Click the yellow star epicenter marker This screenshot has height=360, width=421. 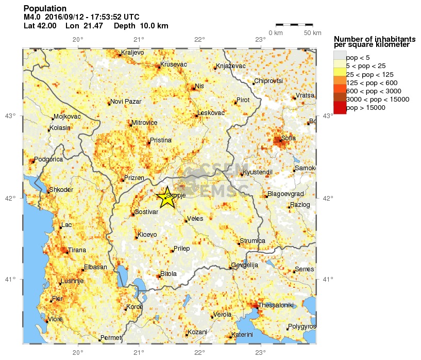point(166,198)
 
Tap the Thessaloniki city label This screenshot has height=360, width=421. point(276,305)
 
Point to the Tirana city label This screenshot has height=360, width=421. point(77,250)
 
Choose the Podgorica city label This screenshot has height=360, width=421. point(48,159)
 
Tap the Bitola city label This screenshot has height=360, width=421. point(169,273)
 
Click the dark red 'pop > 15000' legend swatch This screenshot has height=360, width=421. point(340,108)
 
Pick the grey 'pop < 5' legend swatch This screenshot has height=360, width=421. point(340,57)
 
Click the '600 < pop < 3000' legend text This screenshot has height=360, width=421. point(376,91)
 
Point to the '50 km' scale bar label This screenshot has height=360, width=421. point(312,33)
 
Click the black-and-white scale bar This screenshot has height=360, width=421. point(294,24)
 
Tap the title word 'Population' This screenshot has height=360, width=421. point(45,8)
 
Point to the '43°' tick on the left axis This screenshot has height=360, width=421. point(10,116)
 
